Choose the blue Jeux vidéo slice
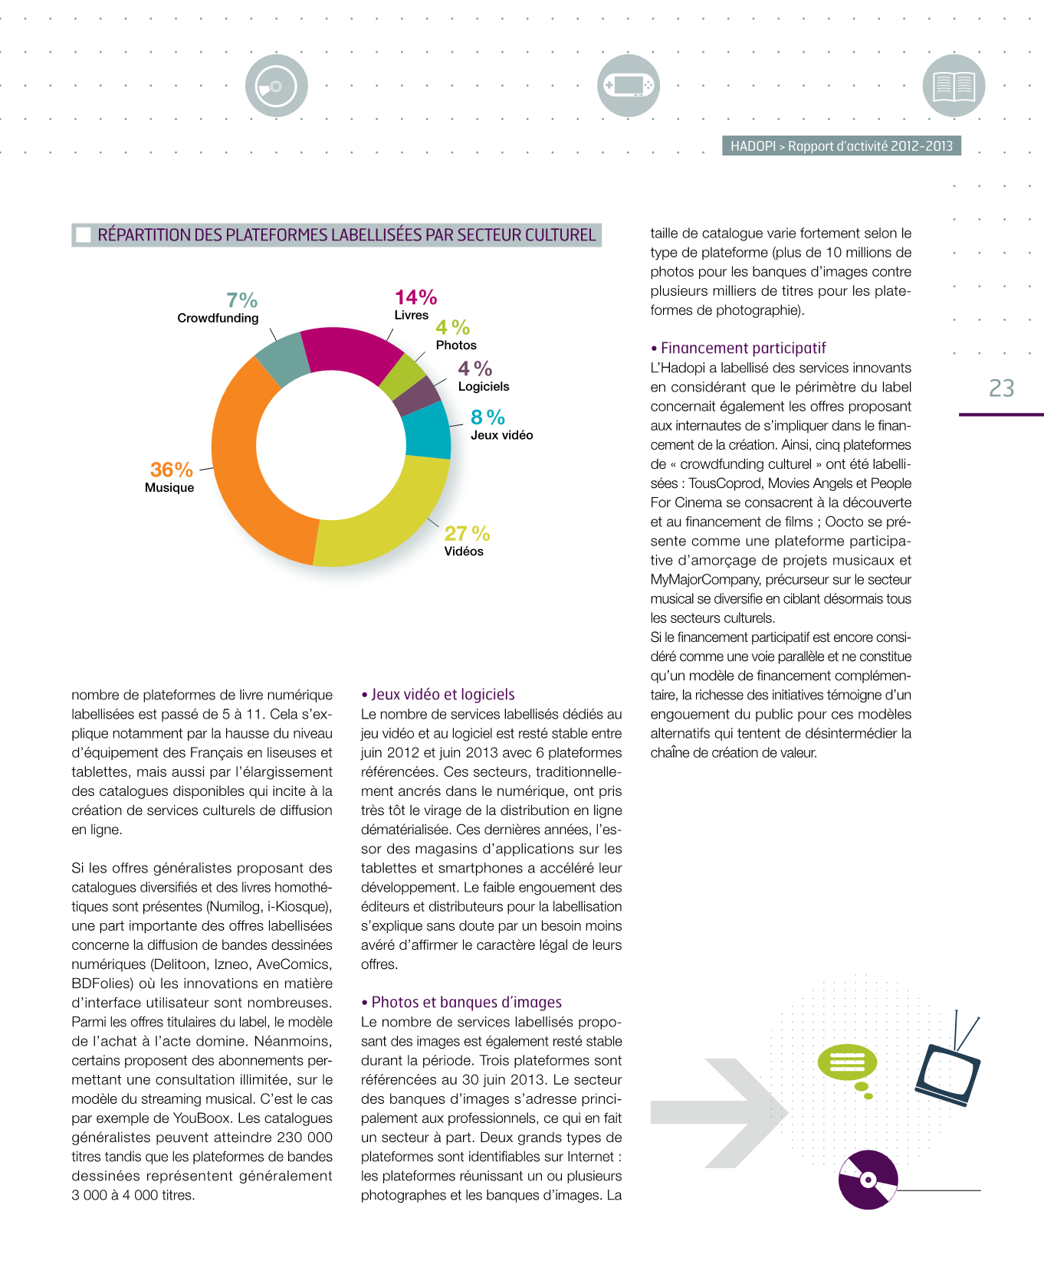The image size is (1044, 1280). coord(428,429)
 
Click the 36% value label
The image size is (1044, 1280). coord(171,470)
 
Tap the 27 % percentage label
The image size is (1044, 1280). coord(467,533)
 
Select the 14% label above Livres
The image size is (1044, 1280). coord(415,297)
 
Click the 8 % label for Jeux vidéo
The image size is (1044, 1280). coord(488,417)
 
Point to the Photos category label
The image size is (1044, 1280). coord(456,345)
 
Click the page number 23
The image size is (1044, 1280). coord(1001,388)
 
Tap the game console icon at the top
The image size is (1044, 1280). coord(628,86)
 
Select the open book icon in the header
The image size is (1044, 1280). coord(954,86)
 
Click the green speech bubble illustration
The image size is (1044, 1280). coord(846,1062)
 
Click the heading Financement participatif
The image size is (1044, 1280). coord(743,348)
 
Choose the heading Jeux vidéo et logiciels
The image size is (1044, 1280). coord(442,694)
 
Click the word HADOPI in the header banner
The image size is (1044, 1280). coord(753,146)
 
